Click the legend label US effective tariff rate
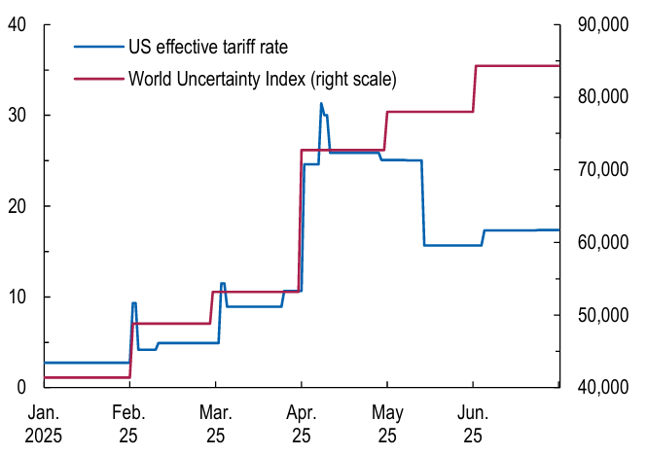[x=208, y=45]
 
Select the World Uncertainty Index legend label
[x=263, y=77]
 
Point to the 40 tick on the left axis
[x=16, y=24]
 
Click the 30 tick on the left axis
[x=16, y=115]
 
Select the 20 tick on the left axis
[x=16, y=206]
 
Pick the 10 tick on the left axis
[x=16, y=297]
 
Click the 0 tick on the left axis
[x=20, y=387]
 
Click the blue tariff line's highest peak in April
[x=321, y=103]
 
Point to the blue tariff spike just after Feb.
[x=133, y=303]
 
